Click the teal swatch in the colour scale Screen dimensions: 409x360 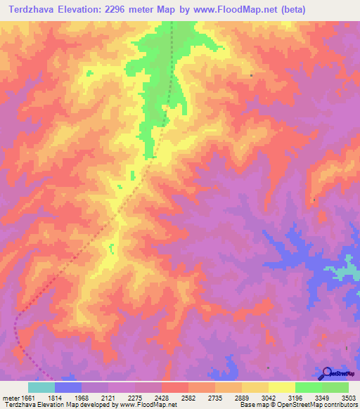tap(41, 387)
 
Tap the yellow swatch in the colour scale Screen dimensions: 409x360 tap(281, 387)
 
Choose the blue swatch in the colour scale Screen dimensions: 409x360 tap(68, 387)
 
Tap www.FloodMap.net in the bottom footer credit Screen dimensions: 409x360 tap(148, 405)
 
